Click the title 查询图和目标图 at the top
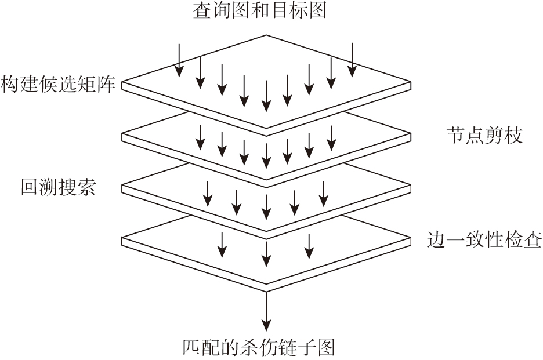coord(259,10)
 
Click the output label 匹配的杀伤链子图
coord(259,348)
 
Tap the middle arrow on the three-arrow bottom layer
coord(266,250)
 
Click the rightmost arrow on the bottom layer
coord(310,245)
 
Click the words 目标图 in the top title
coord(305,10)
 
